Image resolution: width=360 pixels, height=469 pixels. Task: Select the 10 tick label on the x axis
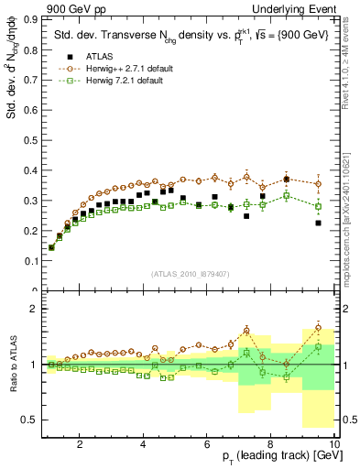click(334, 443)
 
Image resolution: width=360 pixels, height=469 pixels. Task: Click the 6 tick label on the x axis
click(207, 443)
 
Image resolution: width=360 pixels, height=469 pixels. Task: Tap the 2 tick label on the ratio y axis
click(37, 309)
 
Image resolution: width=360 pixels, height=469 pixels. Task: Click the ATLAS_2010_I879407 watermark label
click(191, 274)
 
